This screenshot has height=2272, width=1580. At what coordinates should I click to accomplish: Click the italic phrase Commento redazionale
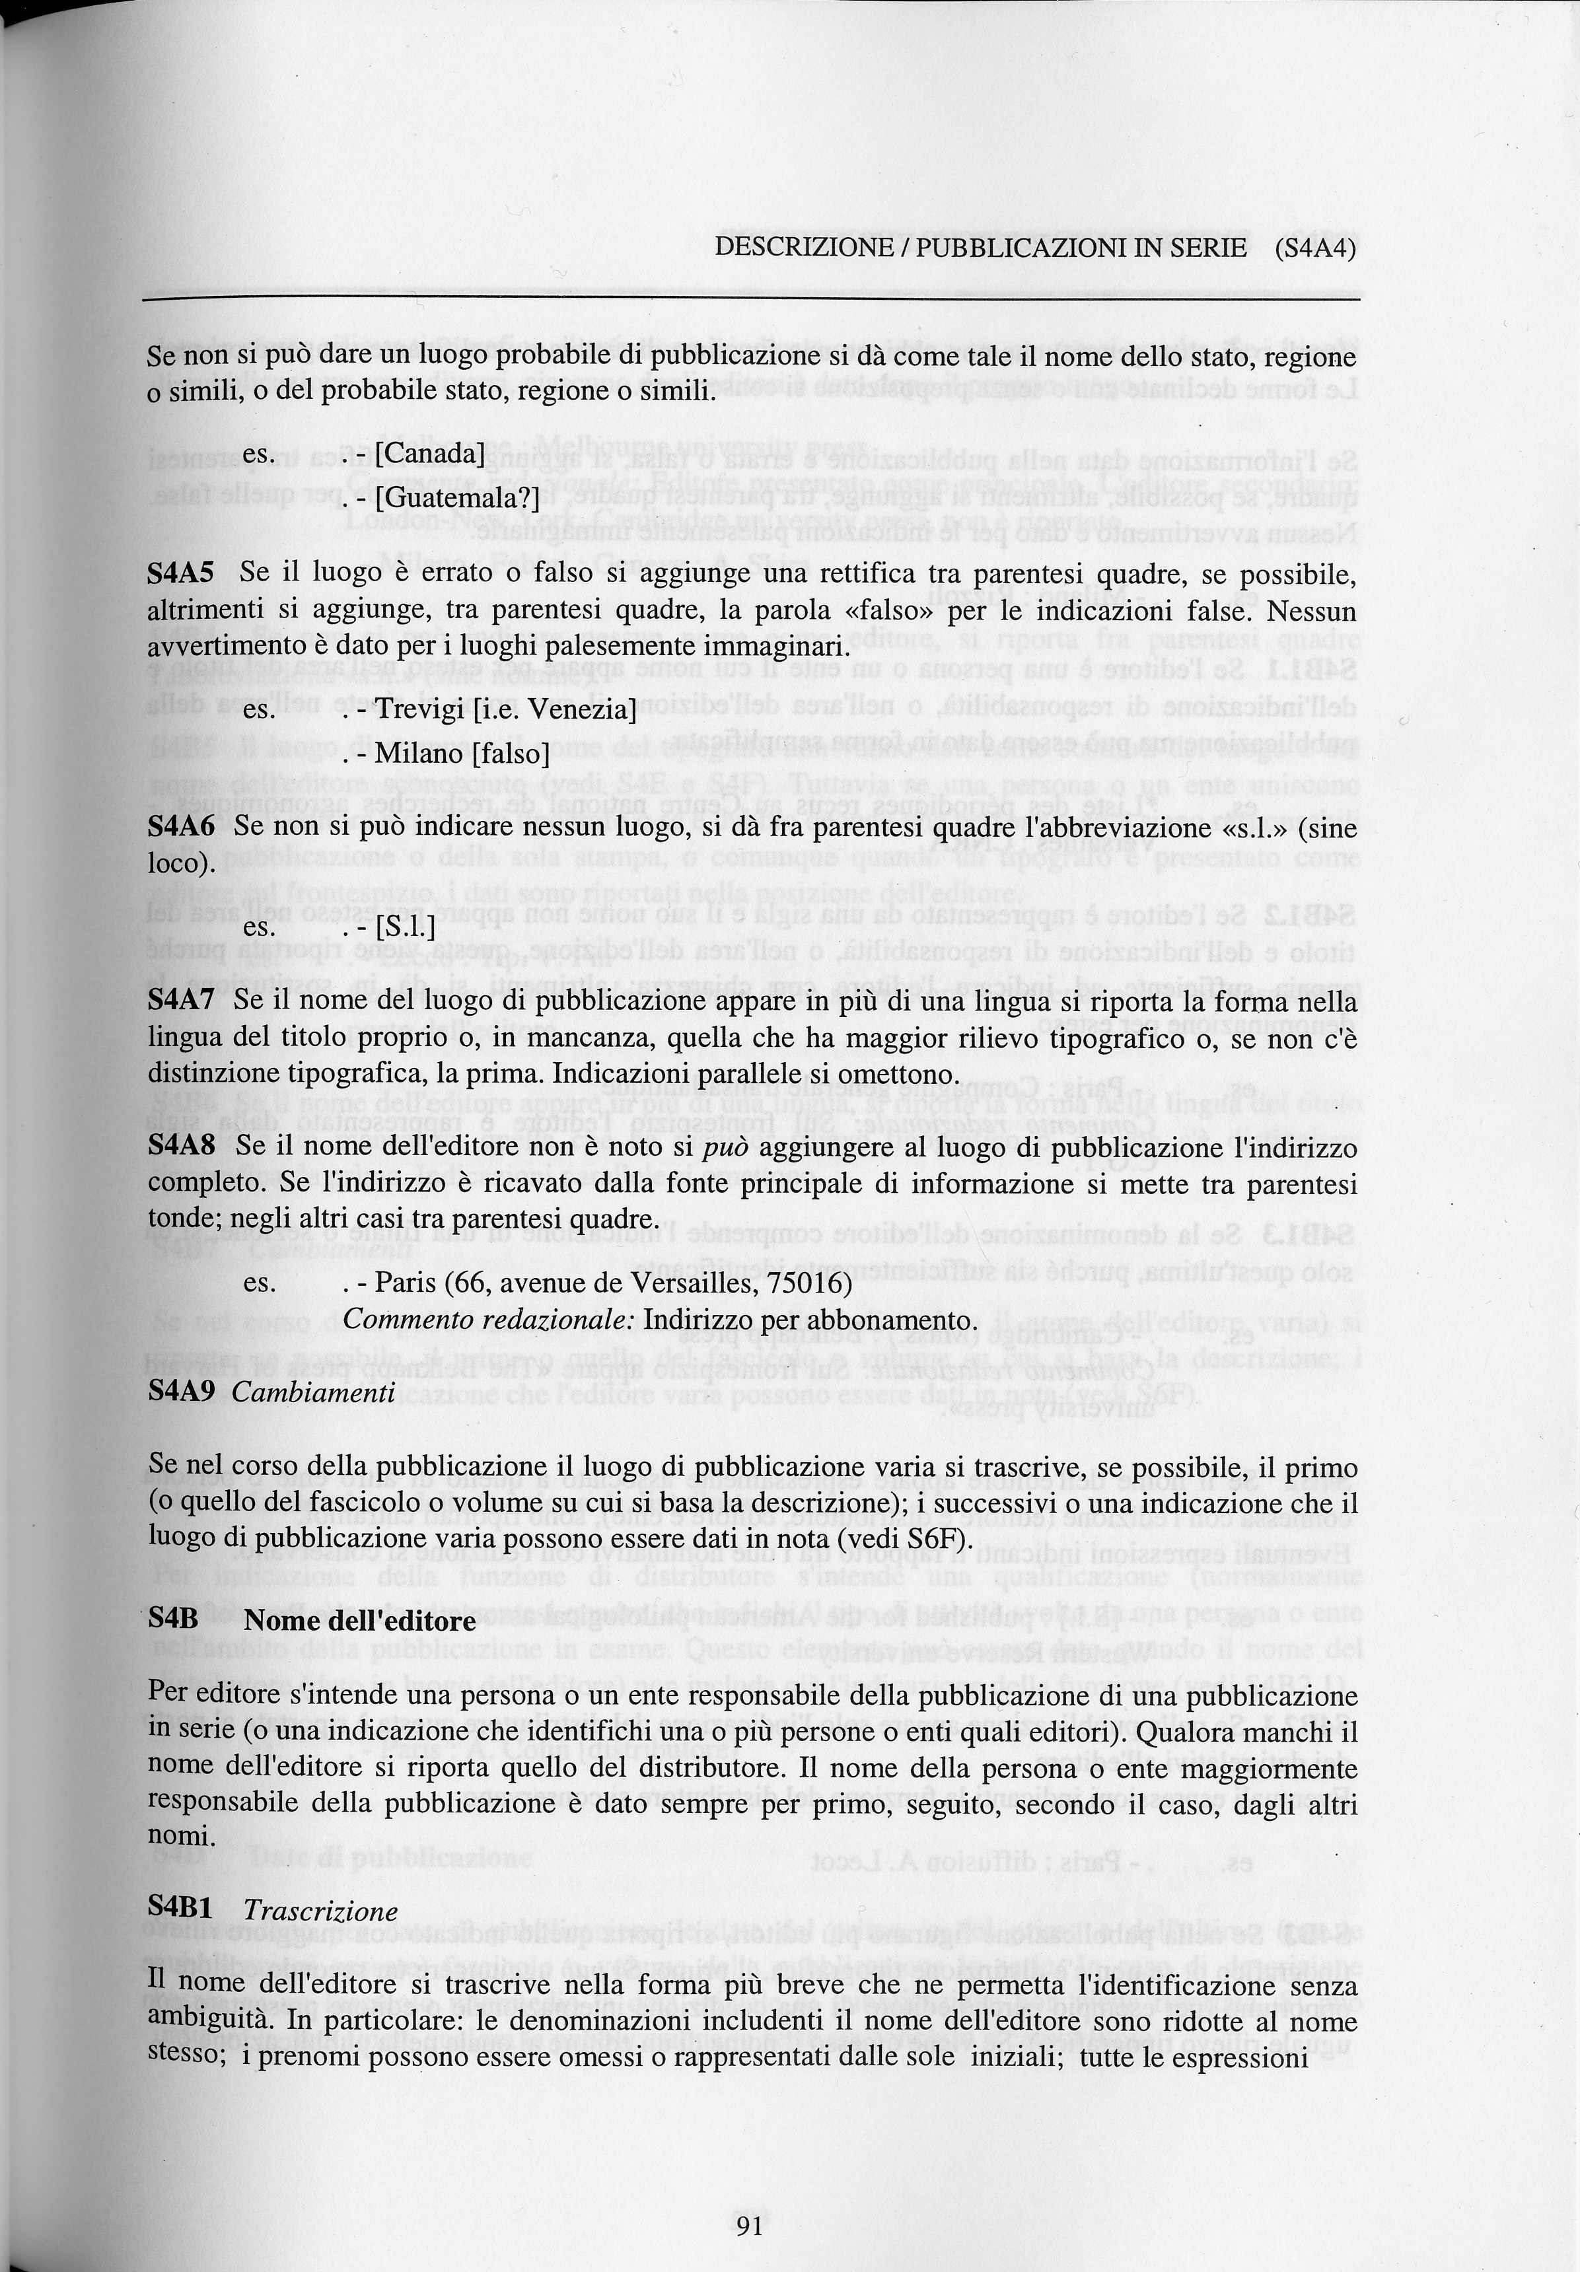point(489,1321)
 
